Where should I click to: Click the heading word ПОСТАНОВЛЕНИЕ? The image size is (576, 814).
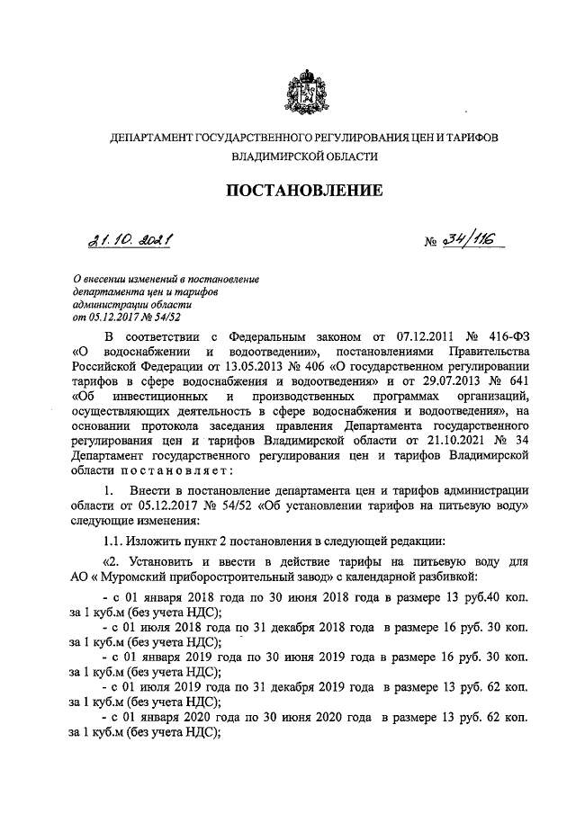(303, 190)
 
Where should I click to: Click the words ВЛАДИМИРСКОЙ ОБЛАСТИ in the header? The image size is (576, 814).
(303, 156)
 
